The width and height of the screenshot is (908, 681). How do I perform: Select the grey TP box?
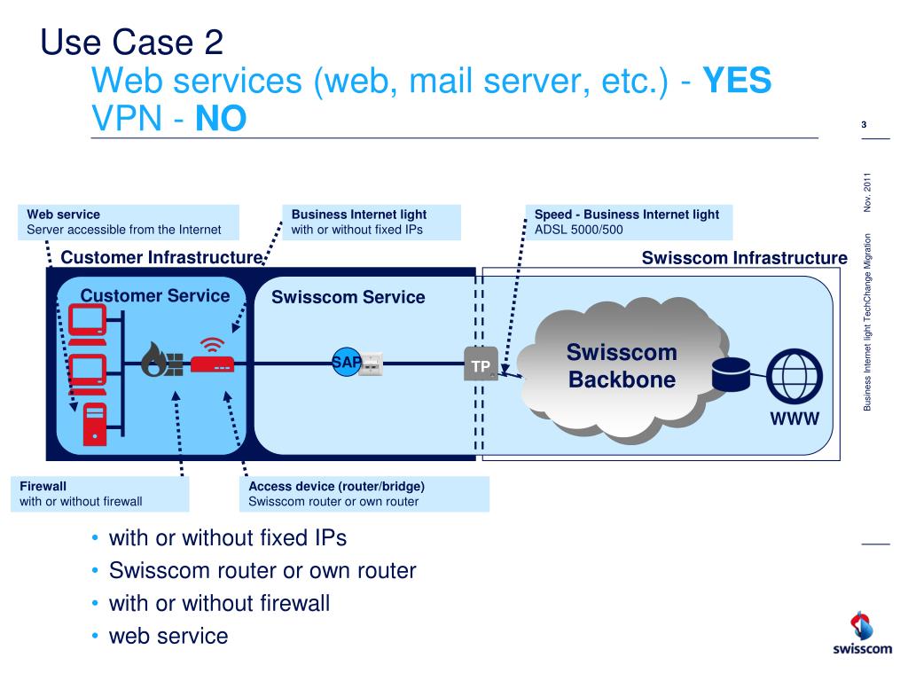tap(481, 365)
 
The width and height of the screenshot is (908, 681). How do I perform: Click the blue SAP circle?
tap(346, 362)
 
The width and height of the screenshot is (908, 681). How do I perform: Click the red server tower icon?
tap(94, 423)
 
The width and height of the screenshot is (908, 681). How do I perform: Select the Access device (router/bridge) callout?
tap(365, 494)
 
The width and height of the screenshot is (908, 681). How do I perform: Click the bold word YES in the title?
tap(738, 82)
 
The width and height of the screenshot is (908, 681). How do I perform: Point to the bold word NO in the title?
tap(222, 119)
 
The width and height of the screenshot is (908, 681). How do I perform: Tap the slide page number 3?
tap(864, 125)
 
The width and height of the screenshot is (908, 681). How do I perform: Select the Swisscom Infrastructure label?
tap(744, 258)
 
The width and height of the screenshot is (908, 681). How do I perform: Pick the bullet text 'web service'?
tap(168, 636)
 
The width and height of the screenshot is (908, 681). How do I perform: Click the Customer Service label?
tap(155, 296)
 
